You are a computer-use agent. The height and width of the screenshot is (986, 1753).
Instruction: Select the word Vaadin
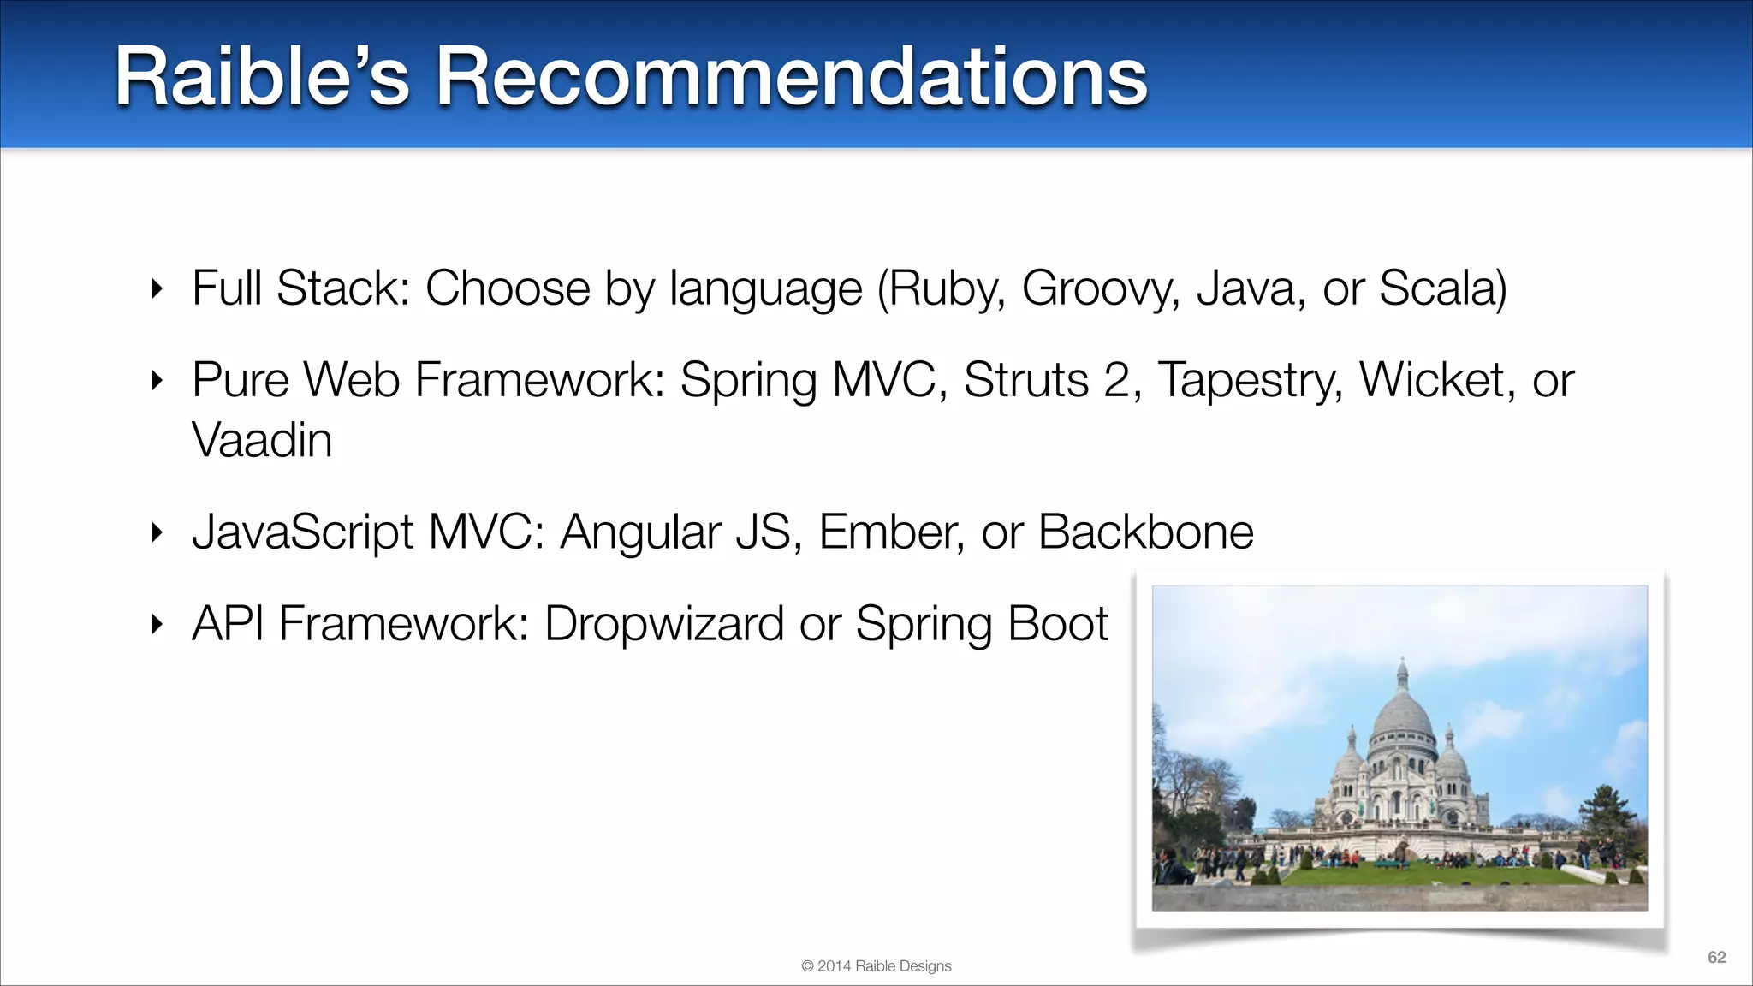(x=262, y=441)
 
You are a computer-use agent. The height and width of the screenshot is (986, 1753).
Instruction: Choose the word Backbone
(x=1146, y=532)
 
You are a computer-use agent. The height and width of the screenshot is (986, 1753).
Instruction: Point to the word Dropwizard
(x=664, y=624)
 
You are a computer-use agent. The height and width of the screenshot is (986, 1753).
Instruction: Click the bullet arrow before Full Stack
(x=156, y=289)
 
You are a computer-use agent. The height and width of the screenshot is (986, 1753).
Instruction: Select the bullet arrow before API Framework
(x=156, y=625)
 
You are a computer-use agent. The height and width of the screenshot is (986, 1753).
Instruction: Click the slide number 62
(x=1716, y=957)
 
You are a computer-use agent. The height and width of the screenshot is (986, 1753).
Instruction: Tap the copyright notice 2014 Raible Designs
(x=876, y=966)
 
